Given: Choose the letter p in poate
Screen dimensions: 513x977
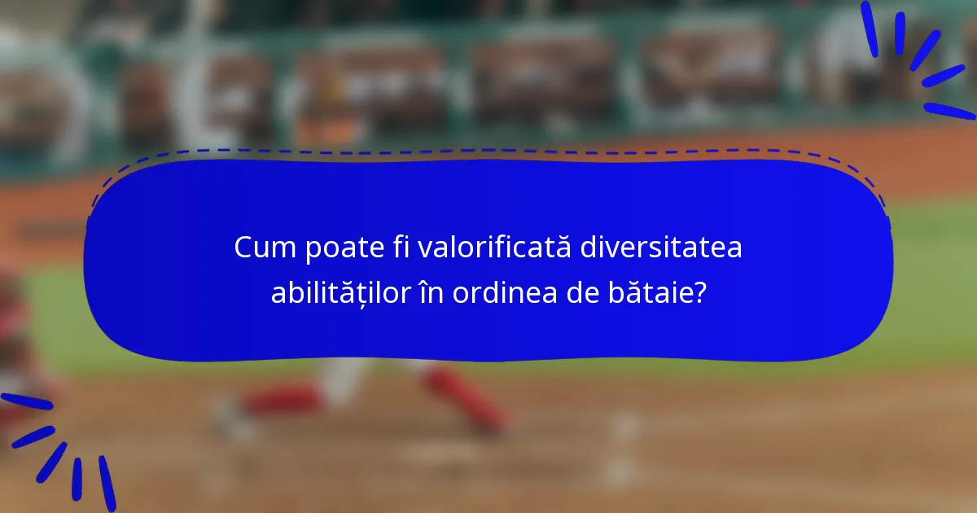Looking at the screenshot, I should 313,250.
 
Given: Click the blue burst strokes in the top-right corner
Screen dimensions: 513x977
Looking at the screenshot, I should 920,61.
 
